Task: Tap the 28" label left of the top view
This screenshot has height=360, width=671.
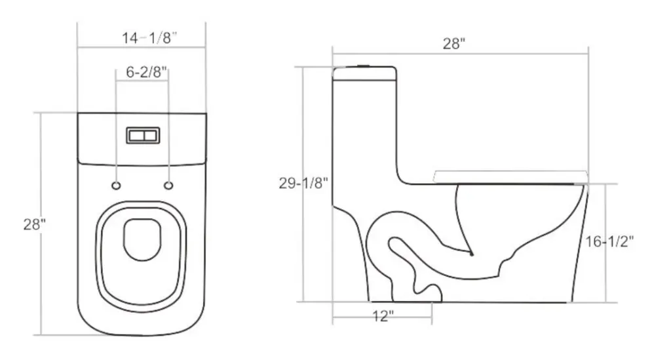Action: coord(34,224)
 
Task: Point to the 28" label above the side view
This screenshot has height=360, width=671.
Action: coord(453,44)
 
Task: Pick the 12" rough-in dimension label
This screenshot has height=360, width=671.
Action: coord(383,317)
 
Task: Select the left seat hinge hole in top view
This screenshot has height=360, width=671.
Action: coord(116,186)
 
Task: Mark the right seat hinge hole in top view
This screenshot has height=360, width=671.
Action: coord(168,186)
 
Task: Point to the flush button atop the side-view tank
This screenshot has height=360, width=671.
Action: coord(362,66)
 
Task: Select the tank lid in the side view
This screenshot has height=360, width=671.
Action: coord(364,73)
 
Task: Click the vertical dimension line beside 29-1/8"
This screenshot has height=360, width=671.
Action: coord(303,131)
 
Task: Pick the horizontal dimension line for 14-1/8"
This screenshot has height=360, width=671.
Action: coord(142,48)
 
